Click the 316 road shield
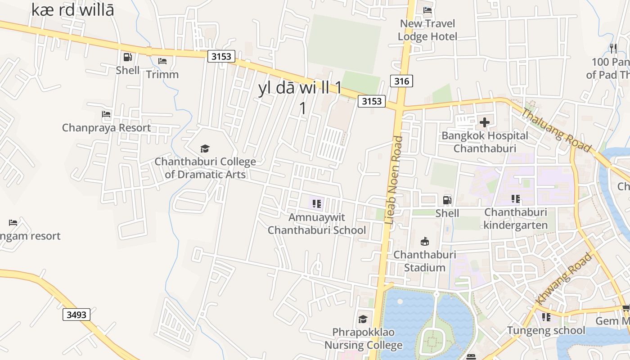(401, 81)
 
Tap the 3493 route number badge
(76, 314)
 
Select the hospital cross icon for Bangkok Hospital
(485, 122)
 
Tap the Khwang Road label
(563, 279)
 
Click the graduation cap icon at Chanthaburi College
(205, 148)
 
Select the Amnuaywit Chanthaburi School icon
(317, 204)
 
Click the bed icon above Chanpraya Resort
(106, 114)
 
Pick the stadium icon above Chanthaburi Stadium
(424, 241)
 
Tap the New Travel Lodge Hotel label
(427, 30)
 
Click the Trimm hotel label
(162, 74)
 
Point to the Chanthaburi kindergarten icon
(516, 199)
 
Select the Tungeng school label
(546, 330)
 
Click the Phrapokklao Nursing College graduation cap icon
(363, 319)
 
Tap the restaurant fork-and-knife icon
(613, 48)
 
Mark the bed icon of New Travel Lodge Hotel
(427, 10)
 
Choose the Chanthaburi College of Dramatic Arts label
(205, 168)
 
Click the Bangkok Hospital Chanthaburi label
(485, 142)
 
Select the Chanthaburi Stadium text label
(424, 261)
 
